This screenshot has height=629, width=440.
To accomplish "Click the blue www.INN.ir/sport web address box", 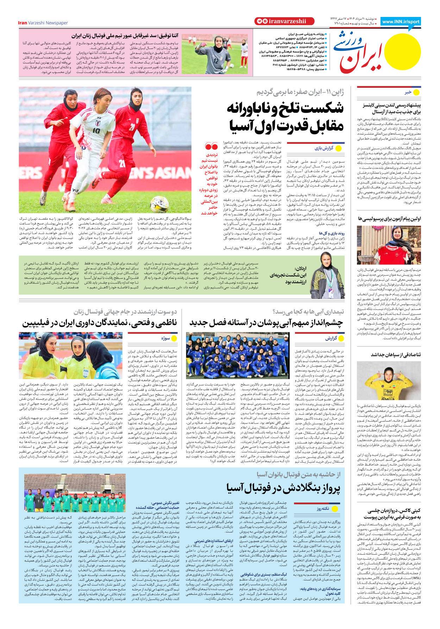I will [401, 21].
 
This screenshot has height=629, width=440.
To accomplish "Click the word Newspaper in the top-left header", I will [57, 23].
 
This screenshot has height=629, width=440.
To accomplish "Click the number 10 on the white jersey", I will [96, 131].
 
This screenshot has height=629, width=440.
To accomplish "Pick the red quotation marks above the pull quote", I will [211, 146].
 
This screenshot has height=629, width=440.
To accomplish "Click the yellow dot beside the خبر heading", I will [416, 92].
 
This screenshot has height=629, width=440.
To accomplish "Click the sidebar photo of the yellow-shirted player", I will [389, 381].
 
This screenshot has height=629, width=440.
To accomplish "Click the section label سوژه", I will [165, 338].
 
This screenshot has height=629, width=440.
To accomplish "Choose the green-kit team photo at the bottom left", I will [75, 493].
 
